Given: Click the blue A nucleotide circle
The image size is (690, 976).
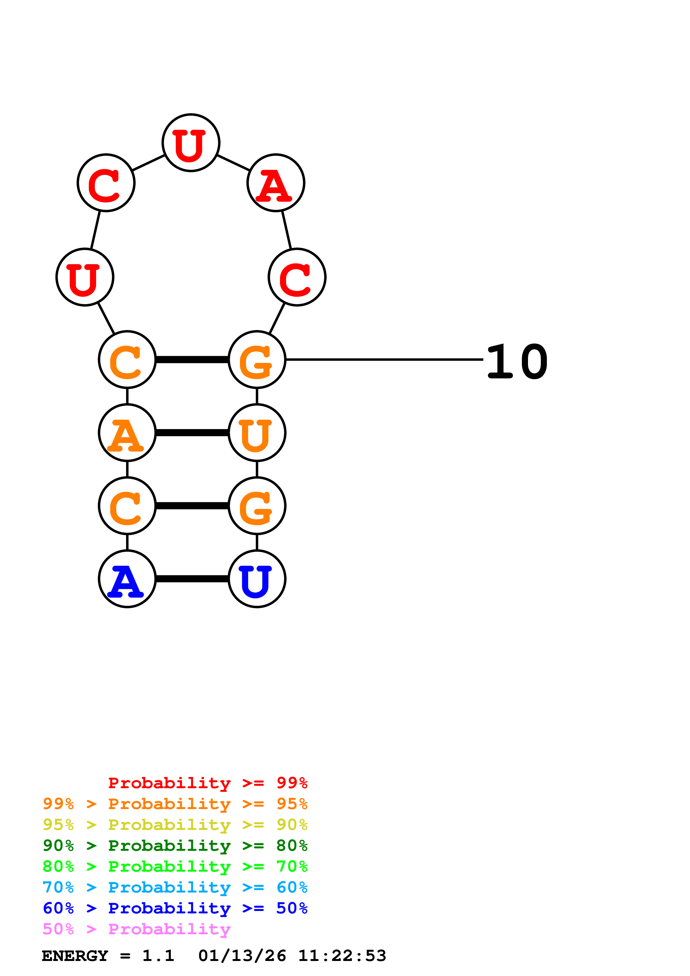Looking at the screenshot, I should tap(127, 579).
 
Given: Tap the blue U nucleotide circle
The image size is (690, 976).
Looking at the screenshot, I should tap(257, 579).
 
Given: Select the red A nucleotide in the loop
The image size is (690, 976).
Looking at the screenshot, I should tap(276, 183).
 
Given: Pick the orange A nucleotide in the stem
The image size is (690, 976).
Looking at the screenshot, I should tap(127, 433).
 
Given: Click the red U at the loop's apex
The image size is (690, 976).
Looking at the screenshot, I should tap(191, 143).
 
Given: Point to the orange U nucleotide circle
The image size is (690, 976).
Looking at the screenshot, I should tap(257, 433).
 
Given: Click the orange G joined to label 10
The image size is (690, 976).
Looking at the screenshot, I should tap(257, 360).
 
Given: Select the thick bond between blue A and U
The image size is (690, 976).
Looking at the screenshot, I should tap(192, 579).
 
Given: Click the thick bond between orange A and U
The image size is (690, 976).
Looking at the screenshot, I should tap(192, 433).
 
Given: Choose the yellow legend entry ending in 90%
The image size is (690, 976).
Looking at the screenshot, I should tap(175, 825).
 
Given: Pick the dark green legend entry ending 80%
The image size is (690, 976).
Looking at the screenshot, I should tap(175, 846).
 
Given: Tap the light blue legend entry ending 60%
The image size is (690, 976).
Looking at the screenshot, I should tap(175, 888).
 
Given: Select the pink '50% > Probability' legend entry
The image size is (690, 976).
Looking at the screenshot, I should tap(136, 929).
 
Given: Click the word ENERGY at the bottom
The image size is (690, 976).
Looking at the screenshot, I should tap(75, 956).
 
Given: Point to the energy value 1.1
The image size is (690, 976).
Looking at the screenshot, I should tap(158, 956).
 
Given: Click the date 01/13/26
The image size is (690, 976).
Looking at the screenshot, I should tap(242, 956).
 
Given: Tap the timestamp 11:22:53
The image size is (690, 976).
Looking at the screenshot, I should tap(342, 956).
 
